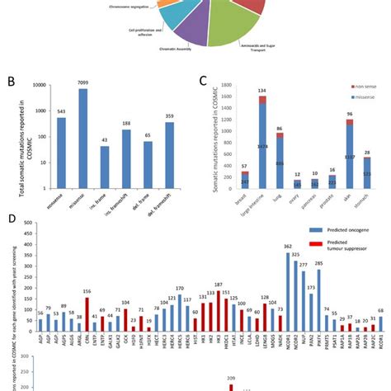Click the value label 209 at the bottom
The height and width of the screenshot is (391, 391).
pos(232,377)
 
